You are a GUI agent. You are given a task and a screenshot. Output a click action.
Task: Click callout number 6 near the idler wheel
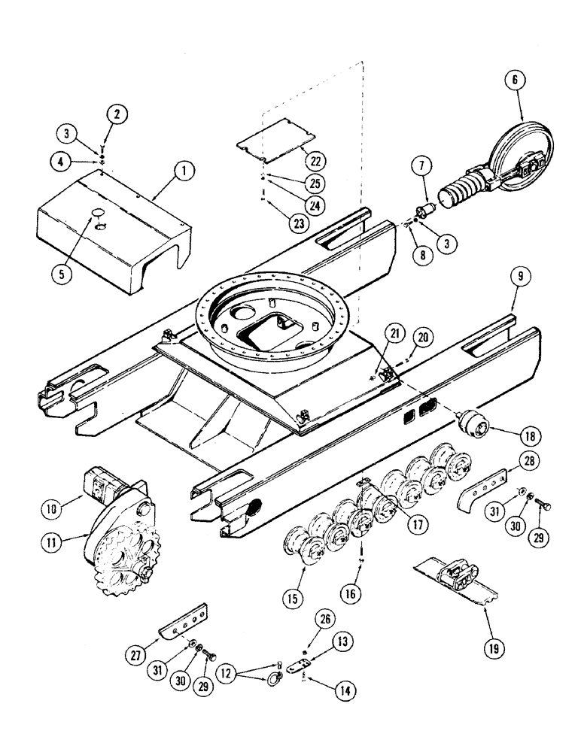pyautogui.click(x=519, y=80)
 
